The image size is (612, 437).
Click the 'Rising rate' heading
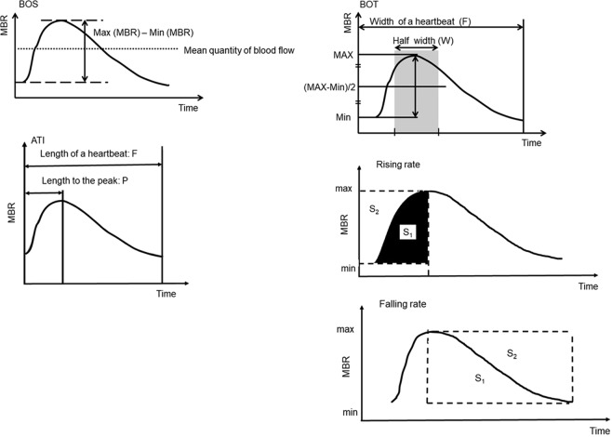coord(397,165)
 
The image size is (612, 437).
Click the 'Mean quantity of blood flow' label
coord(240,50)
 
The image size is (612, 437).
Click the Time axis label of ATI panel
coord(165,293)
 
